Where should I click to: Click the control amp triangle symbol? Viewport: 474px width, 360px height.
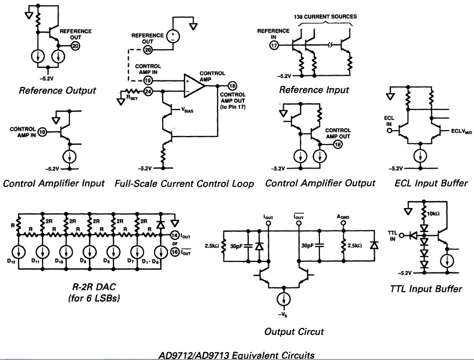(x=192, y=84)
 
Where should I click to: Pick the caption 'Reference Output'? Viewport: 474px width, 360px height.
(x=58, y=90)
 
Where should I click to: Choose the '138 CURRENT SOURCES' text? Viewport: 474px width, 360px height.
(x=325, y=17)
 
